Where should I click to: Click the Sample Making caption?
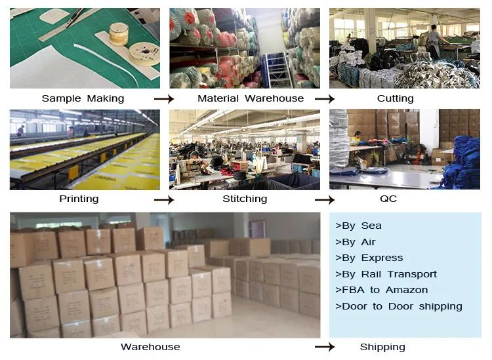(x=83, y=98)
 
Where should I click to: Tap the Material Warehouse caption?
(x=251, y=98)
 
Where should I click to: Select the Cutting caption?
(x=395, y=98)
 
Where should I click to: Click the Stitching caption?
(x=245, y=199)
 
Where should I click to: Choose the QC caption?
(x=388, y=199)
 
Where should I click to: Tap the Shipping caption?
(x=382, y=347)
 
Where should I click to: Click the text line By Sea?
(x=358, y=226)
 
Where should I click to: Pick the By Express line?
(x=369, y=258)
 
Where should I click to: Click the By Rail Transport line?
(x=386, y=274)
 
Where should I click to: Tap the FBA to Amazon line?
(x=381, y=290)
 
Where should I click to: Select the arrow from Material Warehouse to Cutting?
(x=325, y=99)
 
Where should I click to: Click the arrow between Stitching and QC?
(x=325, y=199)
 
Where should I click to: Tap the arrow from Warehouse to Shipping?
(x=325, y=347)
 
